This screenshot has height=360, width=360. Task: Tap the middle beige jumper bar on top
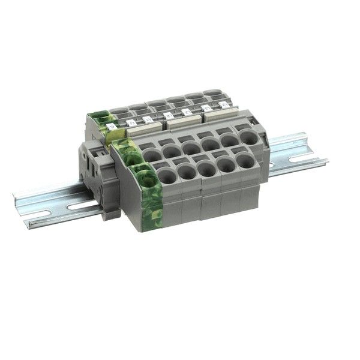184,121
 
